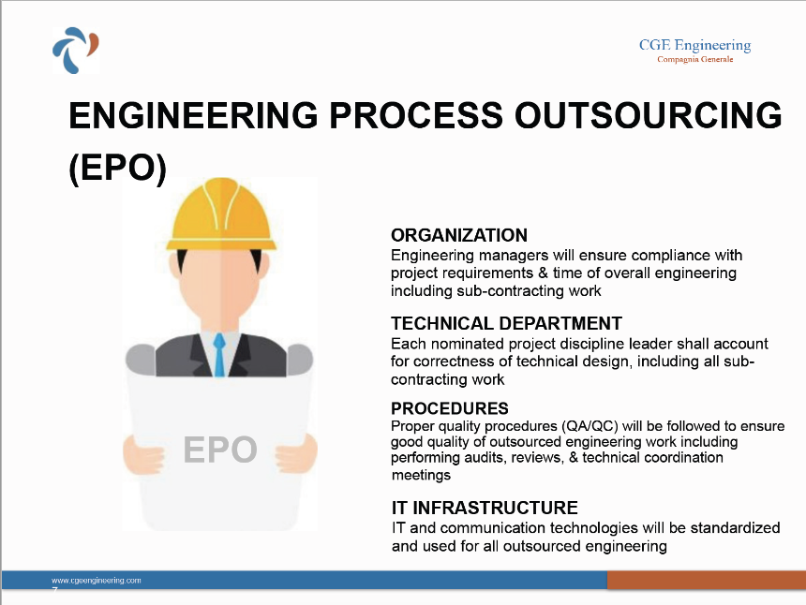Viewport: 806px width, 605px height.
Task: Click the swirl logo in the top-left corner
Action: [76, 50]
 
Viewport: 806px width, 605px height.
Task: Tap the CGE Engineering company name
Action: [695, 45]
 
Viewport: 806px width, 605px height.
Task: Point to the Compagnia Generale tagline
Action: [695, 59]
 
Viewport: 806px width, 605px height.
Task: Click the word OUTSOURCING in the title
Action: [649, 115]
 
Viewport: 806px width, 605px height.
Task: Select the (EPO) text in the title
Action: [118, 168]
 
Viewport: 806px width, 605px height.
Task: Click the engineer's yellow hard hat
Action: [221, 214]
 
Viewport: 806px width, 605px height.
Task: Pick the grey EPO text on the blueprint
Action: [220, 450]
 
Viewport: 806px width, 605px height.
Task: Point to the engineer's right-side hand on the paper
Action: [296, 452]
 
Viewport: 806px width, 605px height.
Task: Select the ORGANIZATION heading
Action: [459, 235]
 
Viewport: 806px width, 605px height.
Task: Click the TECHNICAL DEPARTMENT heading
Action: [506, 323]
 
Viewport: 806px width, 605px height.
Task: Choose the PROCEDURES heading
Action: [450, 408]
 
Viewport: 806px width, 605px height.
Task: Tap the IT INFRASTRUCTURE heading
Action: [485, 508]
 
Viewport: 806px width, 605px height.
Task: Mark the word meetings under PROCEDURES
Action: [421, 475]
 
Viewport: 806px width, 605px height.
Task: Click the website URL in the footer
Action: [97, 581]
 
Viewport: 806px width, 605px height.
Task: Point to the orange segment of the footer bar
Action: [707, 580]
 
